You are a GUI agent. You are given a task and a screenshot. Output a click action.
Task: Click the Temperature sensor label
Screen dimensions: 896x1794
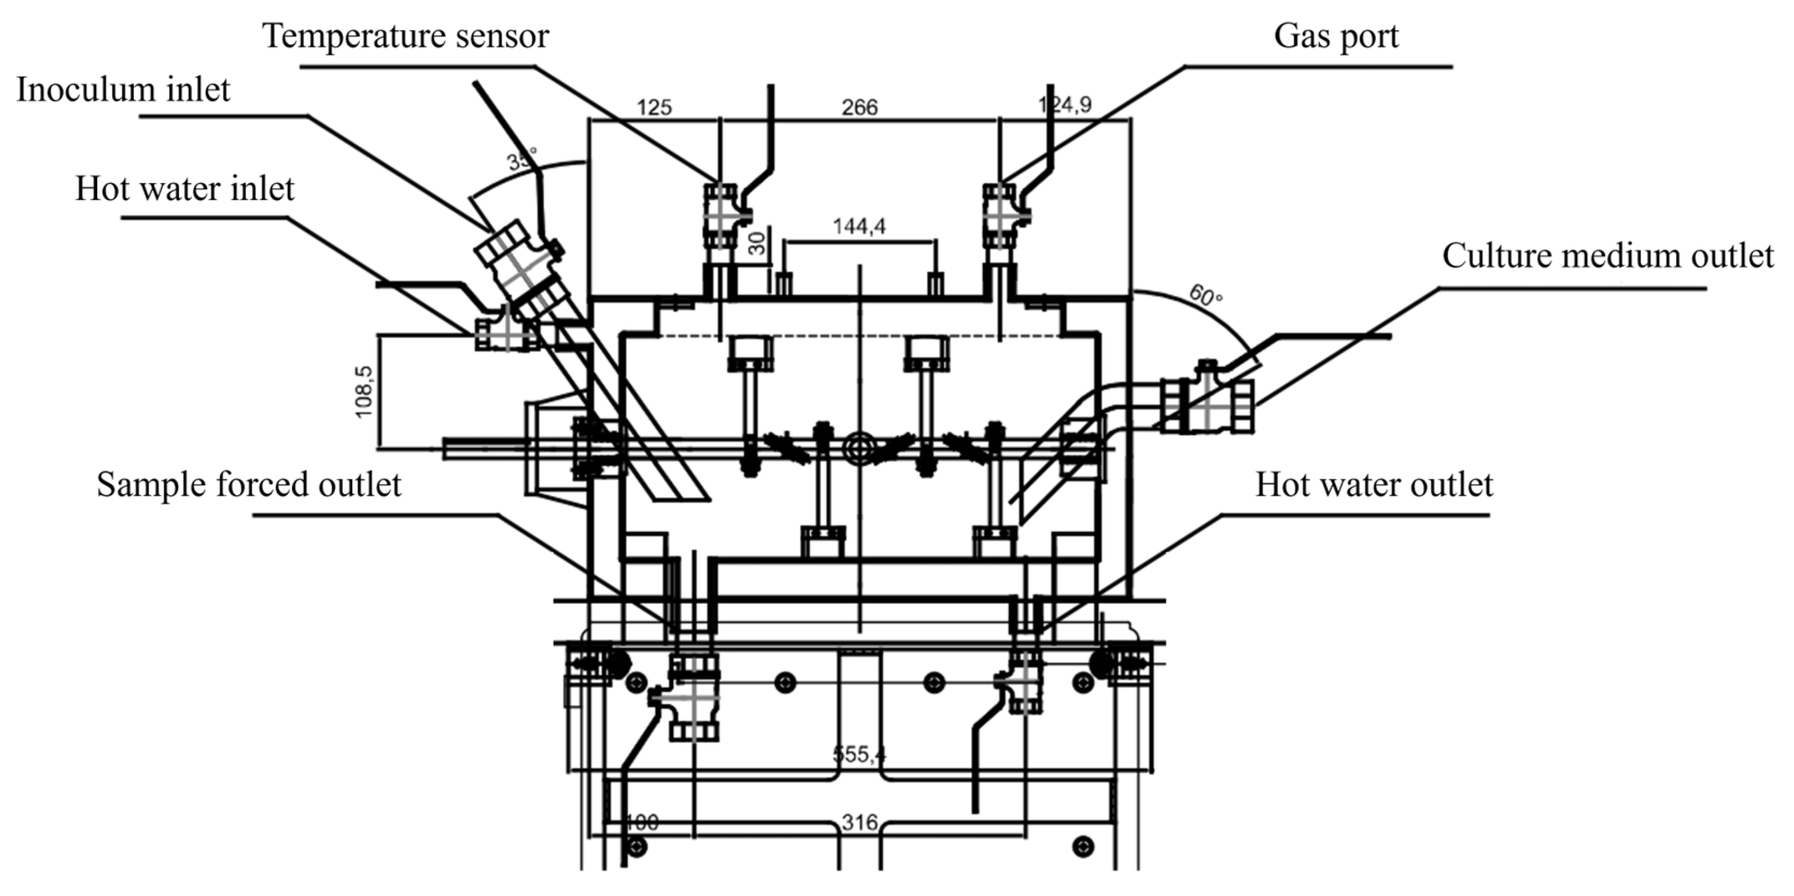pos(405,36)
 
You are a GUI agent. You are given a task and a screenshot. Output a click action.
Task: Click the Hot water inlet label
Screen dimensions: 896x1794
pos(185,189)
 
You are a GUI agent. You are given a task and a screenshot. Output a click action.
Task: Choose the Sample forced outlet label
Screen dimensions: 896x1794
pos(249,484)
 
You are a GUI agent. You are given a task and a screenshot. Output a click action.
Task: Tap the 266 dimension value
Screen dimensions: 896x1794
pos(860,107)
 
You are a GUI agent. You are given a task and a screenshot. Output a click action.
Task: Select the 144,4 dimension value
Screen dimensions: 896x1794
pos(860,226)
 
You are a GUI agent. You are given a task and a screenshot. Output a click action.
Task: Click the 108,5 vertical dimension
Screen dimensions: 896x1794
pos(364,392)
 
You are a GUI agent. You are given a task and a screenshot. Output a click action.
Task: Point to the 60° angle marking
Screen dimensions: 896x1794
pos(1206,295)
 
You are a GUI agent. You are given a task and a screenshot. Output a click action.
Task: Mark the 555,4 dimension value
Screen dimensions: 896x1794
pos(860,754)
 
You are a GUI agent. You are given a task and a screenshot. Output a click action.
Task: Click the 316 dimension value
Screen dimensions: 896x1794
pos(860,823)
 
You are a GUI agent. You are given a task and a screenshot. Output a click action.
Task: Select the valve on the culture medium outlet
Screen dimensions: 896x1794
pos(1207,406)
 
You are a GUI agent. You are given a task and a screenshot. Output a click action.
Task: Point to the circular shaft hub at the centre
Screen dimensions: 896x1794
pos(860,449)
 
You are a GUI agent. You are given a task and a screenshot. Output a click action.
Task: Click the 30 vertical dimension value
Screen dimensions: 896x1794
pos(758,243)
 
